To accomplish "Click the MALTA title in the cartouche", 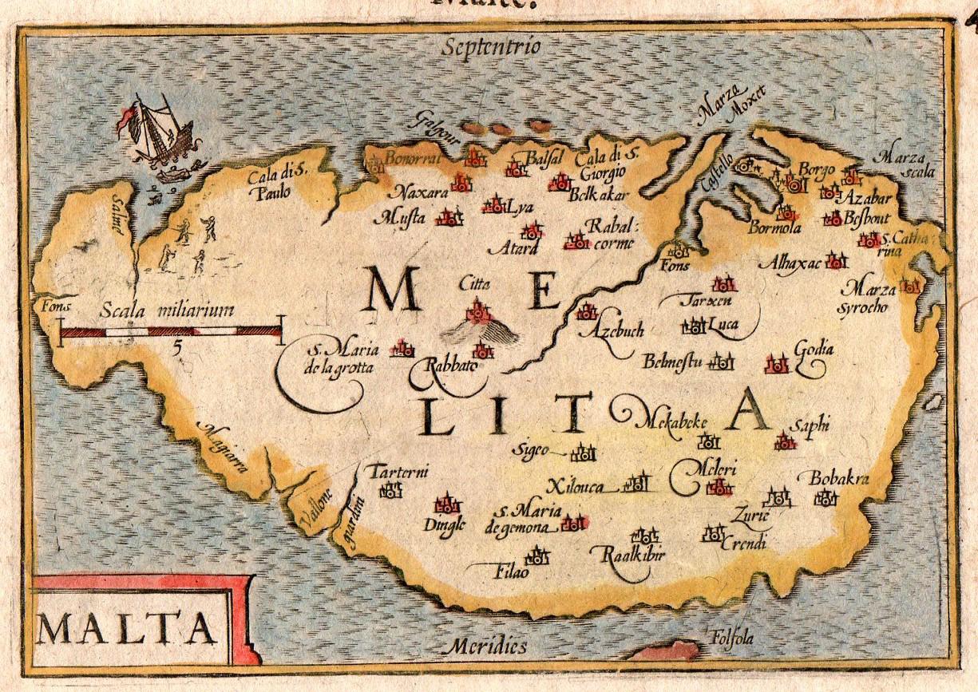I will (x=127, y=629).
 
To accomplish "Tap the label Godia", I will (x=814, y=350).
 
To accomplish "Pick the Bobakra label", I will (x=838, y=479).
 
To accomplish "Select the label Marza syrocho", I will (x=869, y=297).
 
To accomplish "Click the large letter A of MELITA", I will (x=750, y=409).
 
